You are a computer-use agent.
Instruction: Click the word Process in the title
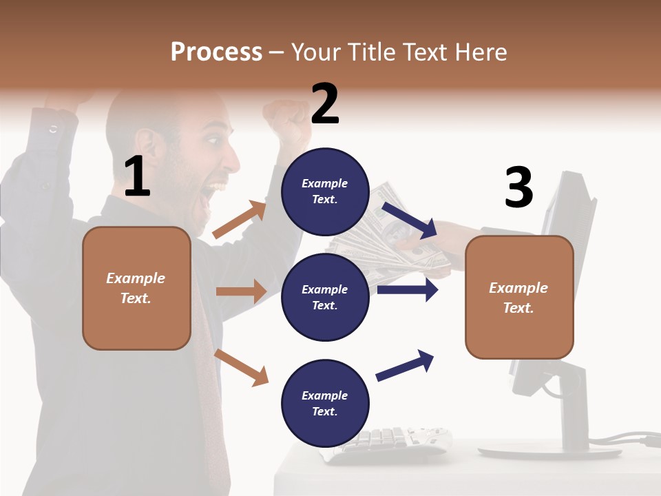pos(216,52)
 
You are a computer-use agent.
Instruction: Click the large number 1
pos(137,176)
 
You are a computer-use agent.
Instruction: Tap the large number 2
pos(325,104)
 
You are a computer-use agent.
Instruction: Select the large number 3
pos(518,187)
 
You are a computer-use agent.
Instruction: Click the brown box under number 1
pos(136,288)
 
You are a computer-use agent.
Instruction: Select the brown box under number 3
pos(519,297)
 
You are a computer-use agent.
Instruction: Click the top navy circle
pos(325,192)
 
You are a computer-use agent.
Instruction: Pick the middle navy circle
pos(325,297)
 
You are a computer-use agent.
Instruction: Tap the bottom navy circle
pos(325,403)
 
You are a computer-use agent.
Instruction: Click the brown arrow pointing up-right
pos(239,220)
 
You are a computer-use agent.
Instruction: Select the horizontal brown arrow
pos(240,291)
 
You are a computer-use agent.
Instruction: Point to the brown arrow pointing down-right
pos(241,367)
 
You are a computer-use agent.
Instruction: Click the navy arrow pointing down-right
pos(410,220)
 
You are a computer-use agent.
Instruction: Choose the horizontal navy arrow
pos(407,290)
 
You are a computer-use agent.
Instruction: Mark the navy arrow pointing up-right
pos(405,366)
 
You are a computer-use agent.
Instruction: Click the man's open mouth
pos(219,187)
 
